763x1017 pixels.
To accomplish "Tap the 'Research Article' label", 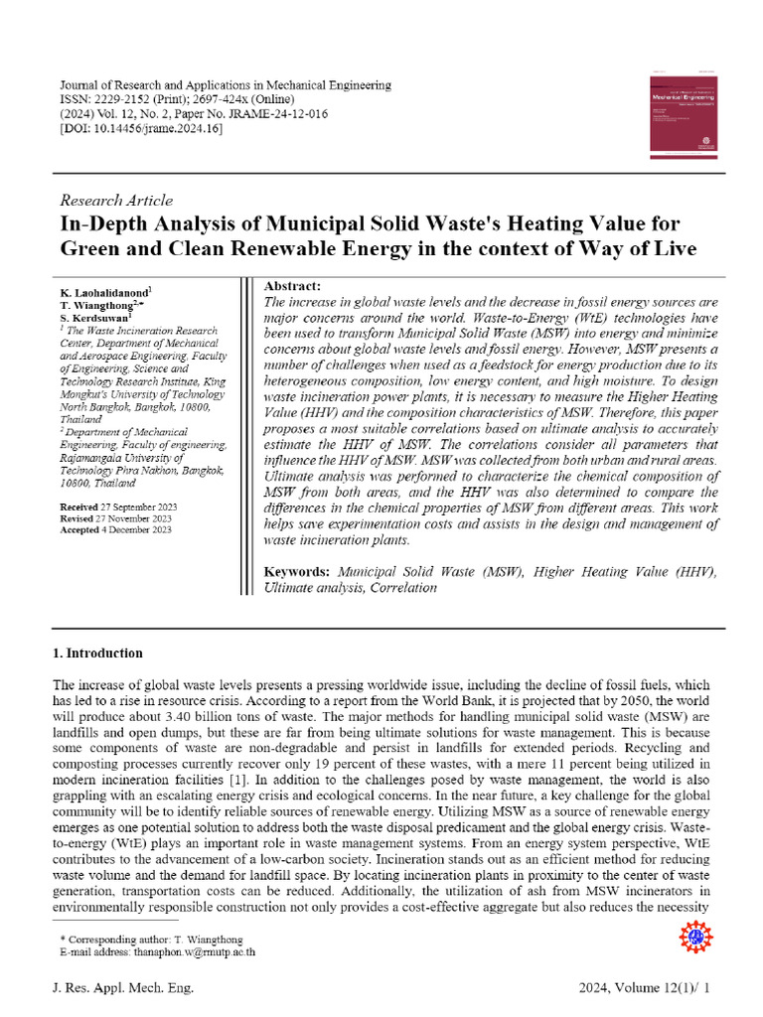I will click(x=116, y=200).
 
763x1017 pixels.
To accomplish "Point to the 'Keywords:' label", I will click(x=297, y=573).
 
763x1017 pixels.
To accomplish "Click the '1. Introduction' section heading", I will click(x=97, y=654).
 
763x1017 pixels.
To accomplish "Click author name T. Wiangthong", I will click(x=98, y=305).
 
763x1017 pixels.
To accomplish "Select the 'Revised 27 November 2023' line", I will click(x=115, y=518).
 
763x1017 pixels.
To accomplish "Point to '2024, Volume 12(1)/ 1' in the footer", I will click(x=645, y=988).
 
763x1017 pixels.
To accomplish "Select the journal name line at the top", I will click(x=226, y=85).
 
